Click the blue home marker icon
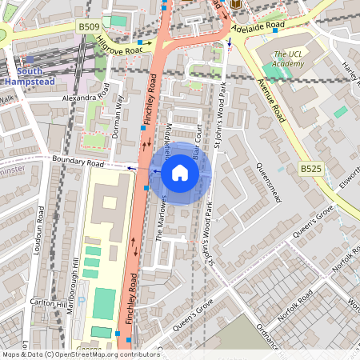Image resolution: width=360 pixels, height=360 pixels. pos(180,172)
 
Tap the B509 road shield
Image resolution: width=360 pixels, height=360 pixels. pos(88,27)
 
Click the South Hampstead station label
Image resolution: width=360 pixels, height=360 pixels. pos(29,76)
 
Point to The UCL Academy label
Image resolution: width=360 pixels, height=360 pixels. pos(287,58)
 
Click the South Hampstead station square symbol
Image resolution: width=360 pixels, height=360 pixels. pos(30,59)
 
